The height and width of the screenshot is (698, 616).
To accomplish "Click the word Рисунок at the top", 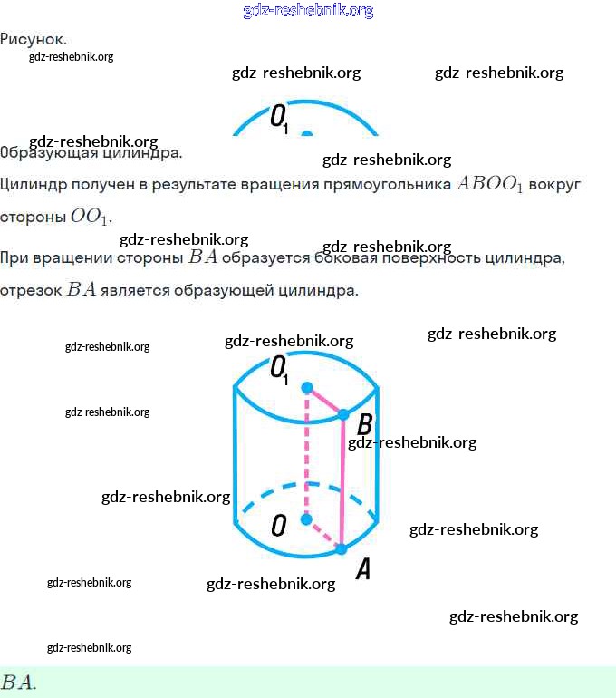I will tap(33, 39).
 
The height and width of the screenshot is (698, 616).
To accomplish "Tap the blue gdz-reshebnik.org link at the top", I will tap(308, 11).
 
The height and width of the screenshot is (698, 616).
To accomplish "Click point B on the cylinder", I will tap(343, 414).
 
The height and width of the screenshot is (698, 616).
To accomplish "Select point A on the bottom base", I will tap(342, 548).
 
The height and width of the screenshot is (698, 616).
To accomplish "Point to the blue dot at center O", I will tap(306, 519).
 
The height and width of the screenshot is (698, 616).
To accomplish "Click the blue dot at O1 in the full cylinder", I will tap(307, 388).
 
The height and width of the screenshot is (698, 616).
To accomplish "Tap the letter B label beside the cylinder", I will tap(365, 424).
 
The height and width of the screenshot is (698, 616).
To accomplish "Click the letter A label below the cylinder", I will tap(362, 569).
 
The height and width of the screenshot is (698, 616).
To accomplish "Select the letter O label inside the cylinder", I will tap(279, 525).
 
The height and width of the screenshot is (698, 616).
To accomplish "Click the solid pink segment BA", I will tap(342, 480).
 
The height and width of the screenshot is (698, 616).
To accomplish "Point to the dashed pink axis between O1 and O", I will tap(306, 453).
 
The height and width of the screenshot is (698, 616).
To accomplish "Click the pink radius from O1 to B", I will tap(325, 401).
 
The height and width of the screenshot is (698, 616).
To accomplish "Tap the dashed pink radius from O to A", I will tap(323, 534).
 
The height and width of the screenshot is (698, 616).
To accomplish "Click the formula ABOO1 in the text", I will tap(490, 185).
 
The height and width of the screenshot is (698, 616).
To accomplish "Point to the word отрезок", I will tap(30, 291).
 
